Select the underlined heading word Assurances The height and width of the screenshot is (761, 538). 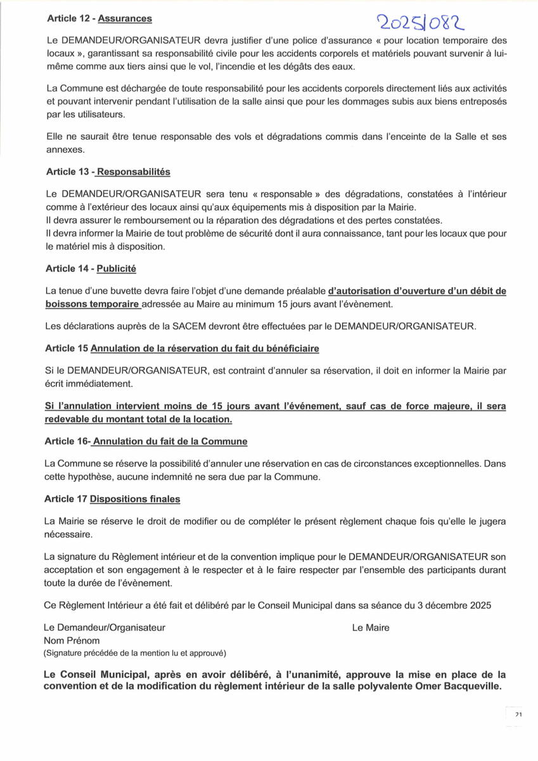125,19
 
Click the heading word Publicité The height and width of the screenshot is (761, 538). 116,268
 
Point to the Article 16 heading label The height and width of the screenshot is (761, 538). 67,441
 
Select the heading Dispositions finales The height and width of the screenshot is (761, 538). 135,499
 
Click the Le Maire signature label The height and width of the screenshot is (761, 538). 371,628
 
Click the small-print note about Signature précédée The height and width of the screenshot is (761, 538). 134,653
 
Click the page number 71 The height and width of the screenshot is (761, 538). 518,715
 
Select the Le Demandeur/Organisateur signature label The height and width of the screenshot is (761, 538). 105,628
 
